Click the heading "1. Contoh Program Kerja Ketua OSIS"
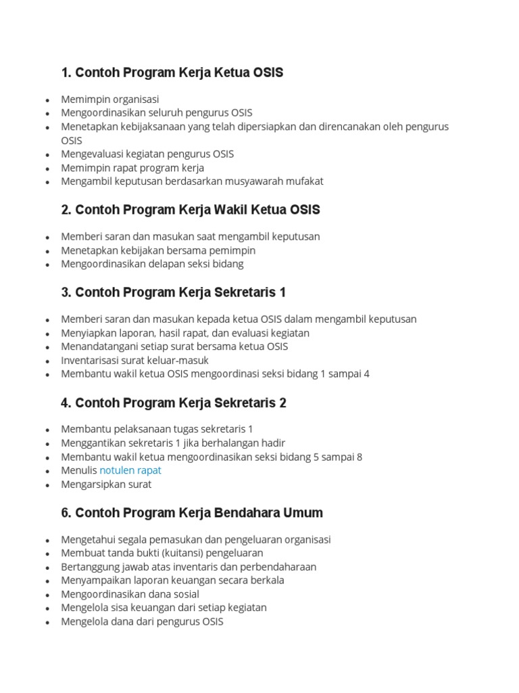click(172, 72)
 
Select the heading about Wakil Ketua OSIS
click(190, 210)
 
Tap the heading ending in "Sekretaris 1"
click(173, 292)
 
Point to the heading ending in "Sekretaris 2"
click(173, 403)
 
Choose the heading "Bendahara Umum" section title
click(191, 513)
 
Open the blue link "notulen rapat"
click(130, 470)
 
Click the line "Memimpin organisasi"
click(109, 99)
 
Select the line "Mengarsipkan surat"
click(106, 485)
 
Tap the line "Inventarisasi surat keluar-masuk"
click(134, 360)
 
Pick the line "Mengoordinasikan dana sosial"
click(130, 594)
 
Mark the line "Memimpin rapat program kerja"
click(132, 168)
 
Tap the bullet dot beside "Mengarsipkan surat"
click(47, 485)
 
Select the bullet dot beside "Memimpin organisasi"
click(47, 100)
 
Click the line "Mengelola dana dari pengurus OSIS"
click(142, 621)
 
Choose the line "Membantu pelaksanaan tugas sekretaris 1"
click(157, 429)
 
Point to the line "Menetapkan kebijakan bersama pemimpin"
click(158, 250)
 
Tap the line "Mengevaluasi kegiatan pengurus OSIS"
click(147, 154)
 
